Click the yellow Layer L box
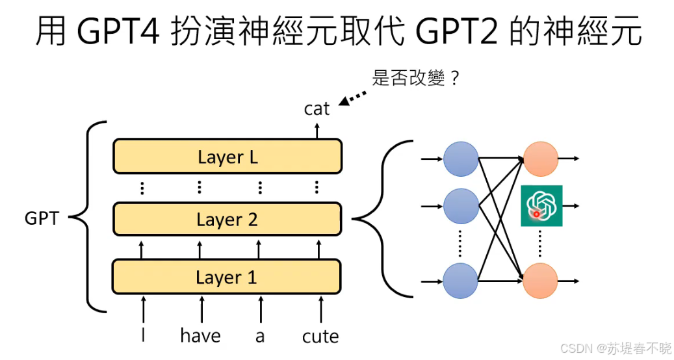[x=227, y=157]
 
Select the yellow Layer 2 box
[x=227, y=219]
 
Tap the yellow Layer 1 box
[x=227, y=277]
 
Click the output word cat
[x=317, y=109]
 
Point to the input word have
[x=200, y=335]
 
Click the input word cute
[x=320, y=336]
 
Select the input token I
[x=143, y=335]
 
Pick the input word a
[x=260, y=337]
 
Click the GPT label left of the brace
[x=42, y=218]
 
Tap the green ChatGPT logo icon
[x=541, y=206]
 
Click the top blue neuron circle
[x=461, y=158]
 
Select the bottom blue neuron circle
[x=461, y=281]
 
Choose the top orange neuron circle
[x=541, y=158]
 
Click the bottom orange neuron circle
[x=541, y=281]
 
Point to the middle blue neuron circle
[x=461, y=206]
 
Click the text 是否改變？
[x=417, y=79]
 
